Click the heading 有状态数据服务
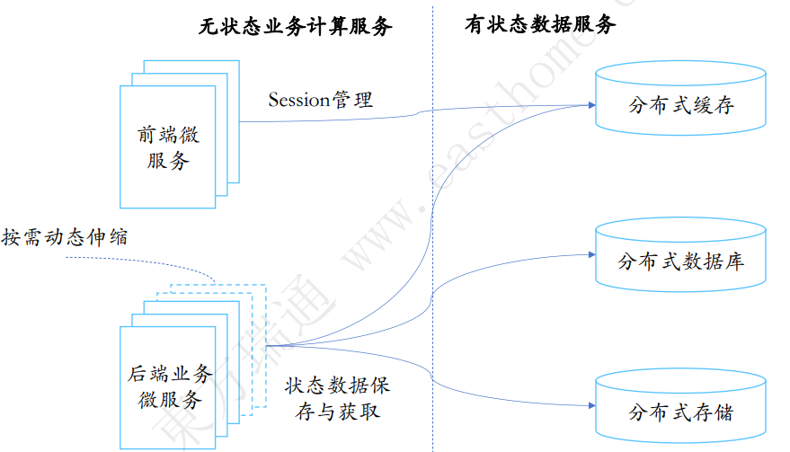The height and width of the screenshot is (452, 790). (x=539, y=25)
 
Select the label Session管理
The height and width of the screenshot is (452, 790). (x=320, y=99)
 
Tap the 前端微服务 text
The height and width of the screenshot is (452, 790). (x=168, y=148)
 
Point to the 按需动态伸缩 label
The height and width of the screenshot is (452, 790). (x=65, y=237)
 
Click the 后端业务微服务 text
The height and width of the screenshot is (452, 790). (x=169, y=386)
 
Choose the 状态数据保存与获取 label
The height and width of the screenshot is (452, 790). (x=337, y=399)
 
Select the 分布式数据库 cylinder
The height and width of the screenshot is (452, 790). (x=681, y=261)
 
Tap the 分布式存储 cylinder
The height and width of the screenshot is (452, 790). (x=681, y=412)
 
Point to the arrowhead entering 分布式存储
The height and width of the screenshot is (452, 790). (x=591, y=406)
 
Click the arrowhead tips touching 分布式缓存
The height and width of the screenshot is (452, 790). (x=591, y=105)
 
